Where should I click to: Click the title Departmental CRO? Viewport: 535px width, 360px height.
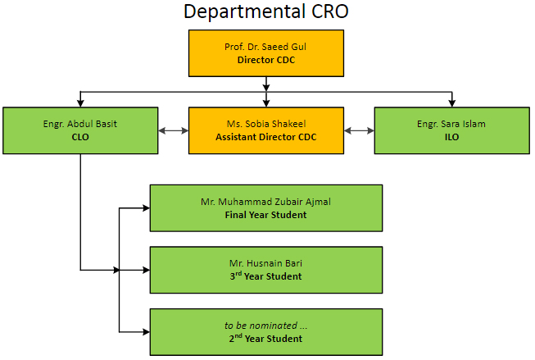point(266,11)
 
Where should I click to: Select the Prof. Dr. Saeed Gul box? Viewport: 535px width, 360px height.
point(266,53)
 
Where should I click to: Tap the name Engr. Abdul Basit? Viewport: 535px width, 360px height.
point(80,124)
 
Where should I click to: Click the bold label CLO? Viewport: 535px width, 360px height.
point(80,137)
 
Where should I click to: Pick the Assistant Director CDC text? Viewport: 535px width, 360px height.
point(266,137)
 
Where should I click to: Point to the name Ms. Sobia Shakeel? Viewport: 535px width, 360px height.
point(266,124)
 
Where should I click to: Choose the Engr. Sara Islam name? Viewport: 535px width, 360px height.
point(451,124)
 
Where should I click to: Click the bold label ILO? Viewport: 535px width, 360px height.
point(451,137)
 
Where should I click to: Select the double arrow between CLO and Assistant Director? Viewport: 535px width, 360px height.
point(174,130)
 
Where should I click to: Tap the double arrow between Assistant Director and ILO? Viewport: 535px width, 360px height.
point(360,130)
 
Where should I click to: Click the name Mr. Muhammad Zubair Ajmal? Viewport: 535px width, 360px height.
point(265,202)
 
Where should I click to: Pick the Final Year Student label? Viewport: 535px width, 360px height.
point(265,215)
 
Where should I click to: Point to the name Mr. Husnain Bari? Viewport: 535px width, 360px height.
point(265,263)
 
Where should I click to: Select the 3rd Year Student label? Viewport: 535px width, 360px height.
point(265,276)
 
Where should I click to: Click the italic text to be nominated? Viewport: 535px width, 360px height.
point(265,326)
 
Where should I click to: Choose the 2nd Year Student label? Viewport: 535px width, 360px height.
point(265,338)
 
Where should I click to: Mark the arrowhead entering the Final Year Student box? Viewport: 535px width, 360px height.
point(147,208)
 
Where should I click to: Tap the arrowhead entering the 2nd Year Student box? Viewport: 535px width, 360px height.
point(147,331)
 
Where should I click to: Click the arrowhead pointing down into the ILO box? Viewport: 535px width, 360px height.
point(452,103)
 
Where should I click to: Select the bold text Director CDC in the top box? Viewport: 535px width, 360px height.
point(266,60)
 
